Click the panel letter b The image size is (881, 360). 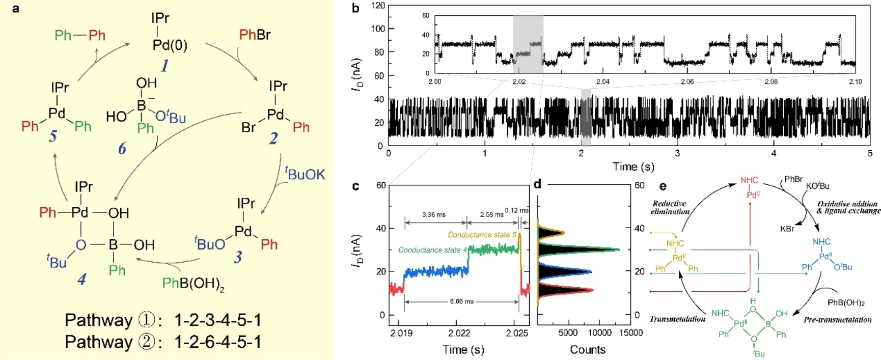tap(355, 8)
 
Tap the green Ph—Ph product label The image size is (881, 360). tap(80, 35)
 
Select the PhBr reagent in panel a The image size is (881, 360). tap(255, 35)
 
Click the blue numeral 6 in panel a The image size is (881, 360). tap(122, 149)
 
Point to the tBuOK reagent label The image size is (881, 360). tap(305, 174)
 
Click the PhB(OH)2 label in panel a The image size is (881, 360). tap(193, 284)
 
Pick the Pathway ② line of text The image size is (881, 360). tap(163, 342)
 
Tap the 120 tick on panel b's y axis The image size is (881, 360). tap(378, 6)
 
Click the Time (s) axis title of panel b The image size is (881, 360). tap(634, 167)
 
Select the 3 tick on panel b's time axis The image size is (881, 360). tap(677, 153)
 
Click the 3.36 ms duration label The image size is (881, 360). tap(434, 214)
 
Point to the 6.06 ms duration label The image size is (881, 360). tap(461, 301)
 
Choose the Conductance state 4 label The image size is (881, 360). tap(432, 250)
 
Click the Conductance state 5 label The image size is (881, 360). tap(482, 235)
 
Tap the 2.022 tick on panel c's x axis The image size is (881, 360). tap(459, 334)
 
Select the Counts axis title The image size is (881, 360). tap(588, 349)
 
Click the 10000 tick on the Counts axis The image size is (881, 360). tap(600, 333)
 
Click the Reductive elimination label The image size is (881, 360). tap(670, 207)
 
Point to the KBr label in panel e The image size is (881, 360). tap(787, 229)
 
